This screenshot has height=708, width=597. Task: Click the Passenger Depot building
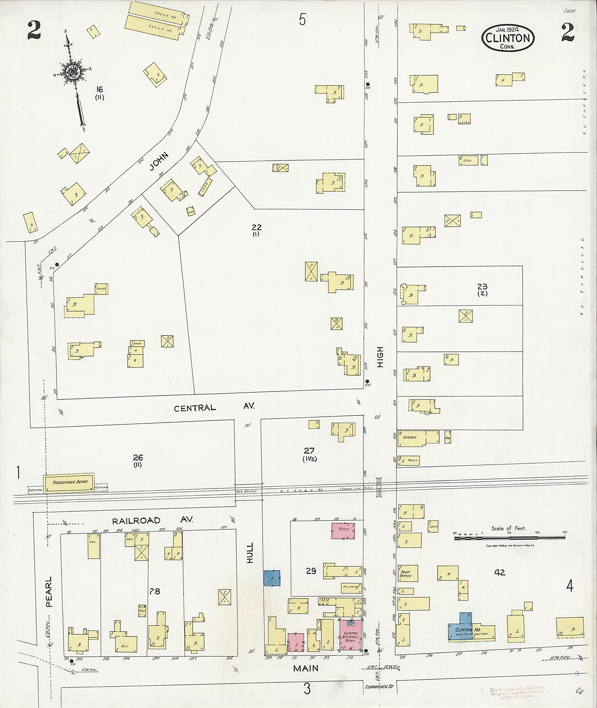68,482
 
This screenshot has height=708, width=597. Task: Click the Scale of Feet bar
509,538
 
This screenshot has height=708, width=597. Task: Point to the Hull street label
250,552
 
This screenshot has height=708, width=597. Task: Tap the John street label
159,162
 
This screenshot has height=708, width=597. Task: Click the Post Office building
408,573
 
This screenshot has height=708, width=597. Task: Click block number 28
154,591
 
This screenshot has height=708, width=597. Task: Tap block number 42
499,572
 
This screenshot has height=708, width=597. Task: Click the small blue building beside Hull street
272,578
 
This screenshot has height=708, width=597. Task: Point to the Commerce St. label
378,687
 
